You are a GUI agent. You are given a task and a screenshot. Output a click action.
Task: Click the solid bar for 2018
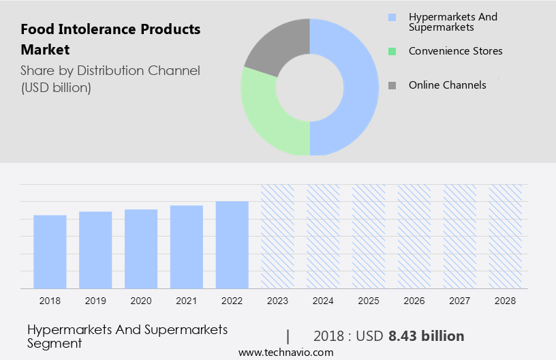[50, 252]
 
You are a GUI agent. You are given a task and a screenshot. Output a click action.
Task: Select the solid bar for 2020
[141, 249]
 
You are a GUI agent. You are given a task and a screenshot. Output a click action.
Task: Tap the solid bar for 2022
[232, 245]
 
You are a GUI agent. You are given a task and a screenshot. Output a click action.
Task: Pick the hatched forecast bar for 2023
[278, 236]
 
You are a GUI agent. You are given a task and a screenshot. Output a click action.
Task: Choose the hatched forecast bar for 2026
[414, 236]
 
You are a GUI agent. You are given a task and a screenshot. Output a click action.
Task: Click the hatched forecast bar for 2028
[506, 236]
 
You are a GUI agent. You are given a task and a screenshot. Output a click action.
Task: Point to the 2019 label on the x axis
[95, 300]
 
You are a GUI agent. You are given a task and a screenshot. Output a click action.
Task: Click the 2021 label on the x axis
[187, 300]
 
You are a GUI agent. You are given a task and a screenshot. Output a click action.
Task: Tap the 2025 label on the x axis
[369, 300]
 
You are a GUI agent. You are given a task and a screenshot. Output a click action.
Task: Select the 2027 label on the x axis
[460, 300]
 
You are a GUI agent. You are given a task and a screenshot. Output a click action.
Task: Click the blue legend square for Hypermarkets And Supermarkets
[391, 17]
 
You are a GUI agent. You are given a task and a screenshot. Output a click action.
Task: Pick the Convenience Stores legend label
[455, 51]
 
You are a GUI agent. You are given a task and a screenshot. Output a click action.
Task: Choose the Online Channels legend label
[447, 85]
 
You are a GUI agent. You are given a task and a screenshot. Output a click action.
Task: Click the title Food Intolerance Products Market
[110, 40]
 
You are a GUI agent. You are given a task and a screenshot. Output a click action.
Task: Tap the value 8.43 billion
[426, 336]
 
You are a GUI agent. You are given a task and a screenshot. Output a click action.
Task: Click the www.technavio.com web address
[286, 352]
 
